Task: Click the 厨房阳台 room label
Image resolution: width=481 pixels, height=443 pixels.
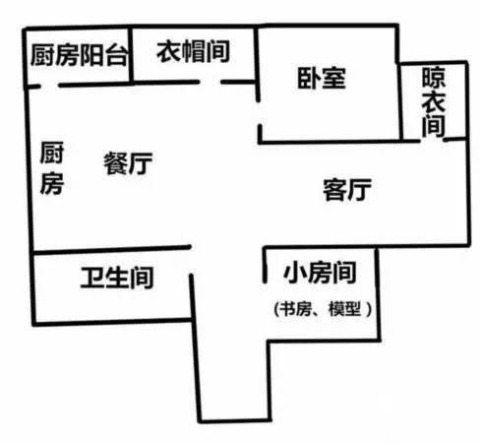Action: click(79, 55)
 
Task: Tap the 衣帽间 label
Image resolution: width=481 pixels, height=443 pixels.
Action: click(193, 51)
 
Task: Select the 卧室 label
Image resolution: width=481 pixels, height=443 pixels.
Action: click(322, 78)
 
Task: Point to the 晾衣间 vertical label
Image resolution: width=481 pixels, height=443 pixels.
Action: click(434, 101)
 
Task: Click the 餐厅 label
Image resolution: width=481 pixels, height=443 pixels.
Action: click(128, 163)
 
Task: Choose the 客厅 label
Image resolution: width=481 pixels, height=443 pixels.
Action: click(347, 189)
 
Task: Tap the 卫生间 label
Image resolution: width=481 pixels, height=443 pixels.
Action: click(117, 278)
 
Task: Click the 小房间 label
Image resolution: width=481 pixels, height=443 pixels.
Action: click(320, 272)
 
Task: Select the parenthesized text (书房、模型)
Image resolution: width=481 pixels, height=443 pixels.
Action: click(323, 309)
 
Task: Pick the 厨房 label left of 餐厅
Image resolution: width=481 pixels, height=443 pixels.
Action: click(52, 167)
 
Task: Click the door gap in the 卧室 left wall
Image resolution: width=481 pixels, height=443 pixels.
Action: click(259, 113)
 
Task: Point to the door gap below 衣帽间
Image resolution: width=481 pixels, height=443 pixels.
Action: click(210, 82)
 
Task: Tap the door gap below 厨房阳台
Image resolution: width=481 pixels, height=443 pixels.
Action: click(49, 86)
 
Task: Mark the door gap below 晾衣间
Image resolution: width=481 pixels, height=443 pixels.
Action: click(432, 141)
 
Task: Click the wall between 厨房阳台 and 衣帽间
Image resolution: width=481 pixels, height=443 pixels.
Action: click(131, 54)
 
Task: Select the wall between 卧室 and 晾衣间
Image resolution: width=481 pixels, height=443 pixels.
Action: click(400, 101)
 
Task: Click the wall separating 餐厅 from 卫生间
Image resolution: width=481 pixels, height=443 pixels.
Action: click(112, 250)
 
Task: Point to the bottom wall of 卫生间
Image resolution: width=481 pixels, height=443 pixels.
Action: click(112, 322)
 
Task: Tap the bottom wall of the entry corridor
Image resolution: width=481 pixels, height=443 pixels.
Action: click(235, 420)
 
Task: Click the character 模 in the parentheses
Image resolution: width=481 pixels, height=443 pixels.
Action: click(335, 309)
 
